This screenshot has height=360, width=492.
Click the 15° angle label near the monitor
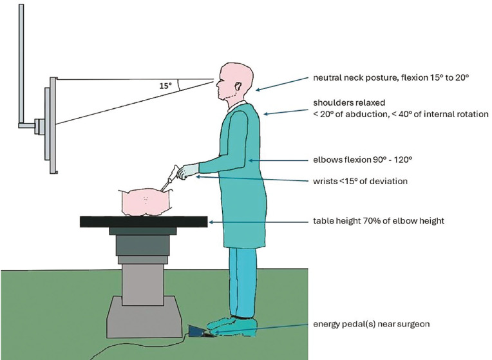[166, 86]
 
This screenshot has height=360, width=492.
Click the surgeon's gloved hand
[187, 171]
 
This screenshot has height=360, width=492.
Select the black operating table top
[144, 222]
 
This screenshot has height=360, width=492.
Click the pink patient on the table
[146, 202]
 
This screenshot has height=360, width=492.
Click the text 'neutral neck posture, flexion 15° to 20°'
[391, 77]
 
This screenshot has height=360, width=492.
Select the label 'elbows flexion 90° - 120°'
[363, 160]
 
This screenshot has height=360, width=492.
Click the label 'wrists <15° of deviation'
[360, 181]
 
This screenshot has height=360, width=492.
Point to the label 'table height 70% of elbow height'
[379, 221]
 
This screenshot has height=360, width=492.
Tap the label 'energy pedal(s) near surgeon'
[371, 324]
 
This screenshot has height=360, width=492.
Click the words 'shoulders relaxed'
[349, 102]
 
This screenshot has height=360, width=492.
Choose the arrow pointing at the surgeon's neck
[283, 84]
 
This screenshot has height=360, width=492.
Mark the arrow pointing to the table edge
[259, 222]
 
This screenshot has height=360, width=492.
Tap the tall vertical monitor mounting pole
[21, 64]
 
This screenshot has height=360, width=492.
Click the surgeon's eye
[221, 81]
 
